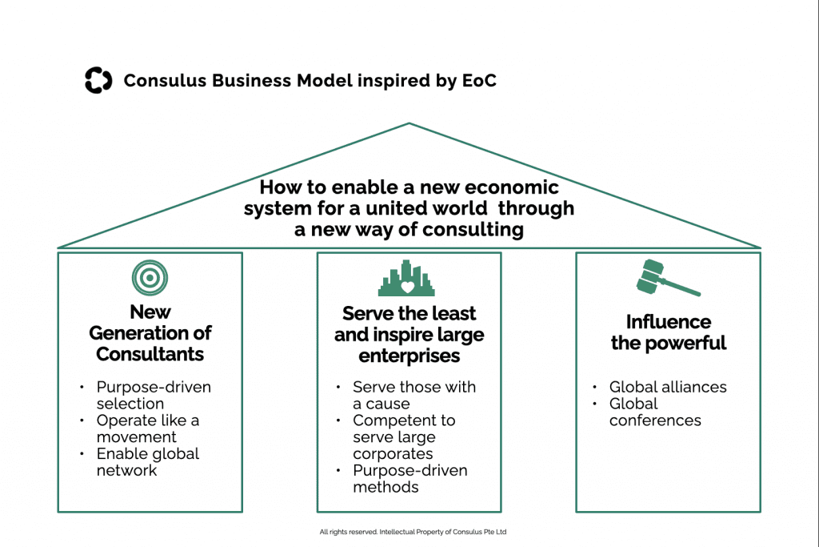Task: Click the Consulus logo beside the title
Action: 98,81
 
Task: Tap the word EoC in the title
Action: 477,81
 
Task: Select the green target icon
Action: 150,278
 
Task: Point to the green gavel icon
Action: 666,279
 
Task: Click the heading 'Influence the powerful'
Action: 668,332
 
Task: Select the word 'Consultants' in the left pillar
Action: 150,354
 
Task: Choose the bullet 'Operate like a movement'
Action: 148,428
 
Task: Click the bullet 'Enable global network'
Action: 148,462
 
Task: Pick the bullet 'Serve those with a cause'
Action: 413,395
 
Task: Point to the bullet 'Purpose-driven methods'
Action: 409,478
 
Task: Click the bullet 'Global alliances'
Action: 668,387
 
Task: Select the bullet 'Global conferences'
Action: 655,412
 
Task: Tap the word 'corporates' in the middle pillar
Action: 393,454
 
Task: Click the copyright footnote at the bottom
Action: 413,532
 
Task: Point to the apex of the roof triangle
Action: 409,123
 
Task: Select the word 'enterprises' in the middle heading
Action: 409,355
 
